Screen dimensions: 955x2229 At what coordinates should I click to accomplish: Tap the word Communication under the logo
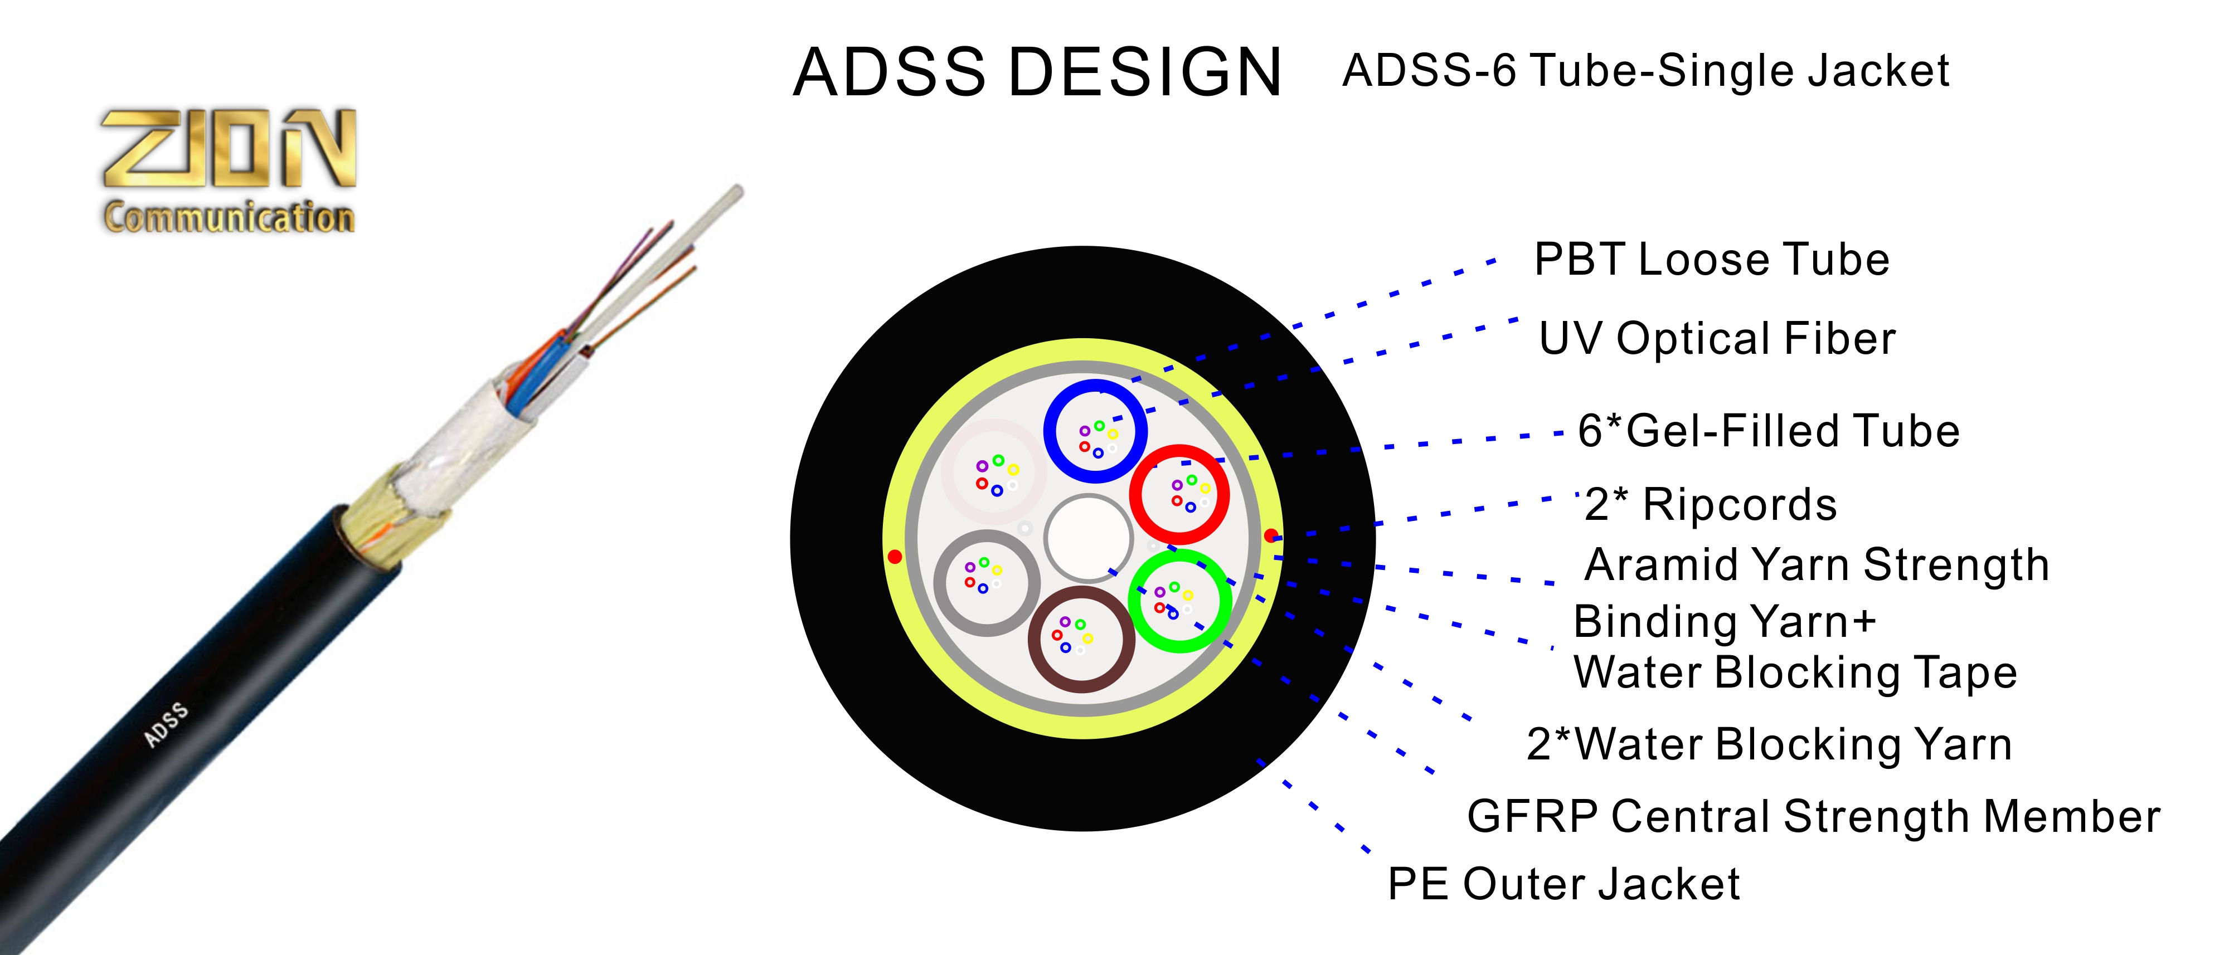(x=229, y=216)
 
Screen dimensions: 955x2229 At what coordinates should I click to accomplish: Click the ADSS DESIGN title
(x=1037, y=72)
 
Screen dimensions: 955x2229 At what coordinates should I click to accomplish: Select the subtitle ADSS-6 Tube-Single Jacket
(x=1646, y=70)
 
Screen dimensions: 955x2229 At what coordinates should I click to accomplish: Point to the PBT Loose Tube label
(x=1712, y=260)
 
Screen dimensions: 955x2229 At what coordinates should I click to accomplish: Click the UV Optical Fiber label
(x=1717, y=338)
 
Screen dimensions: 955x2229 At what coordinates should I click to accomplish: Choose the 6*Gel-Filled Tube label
(x=1769, y=431)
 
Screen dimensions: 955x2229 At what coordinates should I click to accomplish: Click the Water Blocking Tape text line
(x=1795, y=673)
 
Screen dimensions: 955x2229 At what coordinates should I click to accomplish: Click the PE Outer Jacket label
(x=1563, y=884)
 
